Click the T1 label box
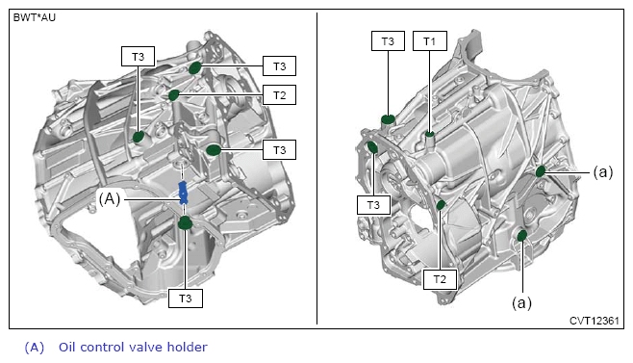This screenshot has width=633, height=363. click(429, 40)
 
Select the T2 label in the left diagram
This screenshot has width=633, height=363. click(279, 95)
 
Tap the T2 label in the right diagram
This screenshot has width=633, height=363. click(440, 279)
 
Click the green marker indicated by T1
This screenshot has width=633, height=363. click(430, 133)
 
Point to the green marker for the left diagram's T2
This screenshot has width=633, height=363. click(174, 95)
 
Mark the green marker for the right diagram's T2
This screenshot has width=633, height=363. click(441, 204)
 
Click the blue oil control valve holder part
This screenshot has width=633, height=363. click(184, 193)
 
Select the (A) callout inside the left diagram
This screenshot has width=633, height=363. click(110, 199)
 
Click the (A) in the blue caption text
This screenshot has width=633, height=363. click(35, 348)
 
